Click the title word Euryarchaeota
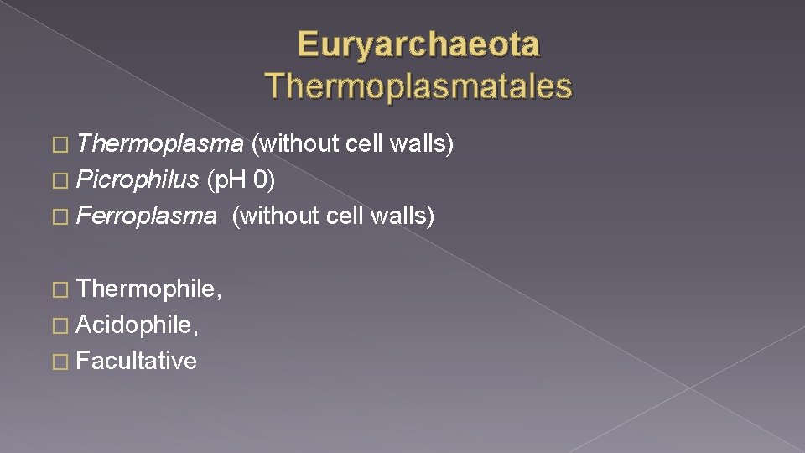click(418, 44)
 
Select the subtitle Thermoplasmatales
click(418, 86)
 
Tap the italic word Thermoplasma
click(159, 144)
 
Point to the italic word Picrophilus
click(138, 180)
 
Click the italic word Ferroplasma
click(146, 216)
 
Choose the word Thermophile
click(148, 289)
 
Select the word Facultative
click(136, 362)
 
